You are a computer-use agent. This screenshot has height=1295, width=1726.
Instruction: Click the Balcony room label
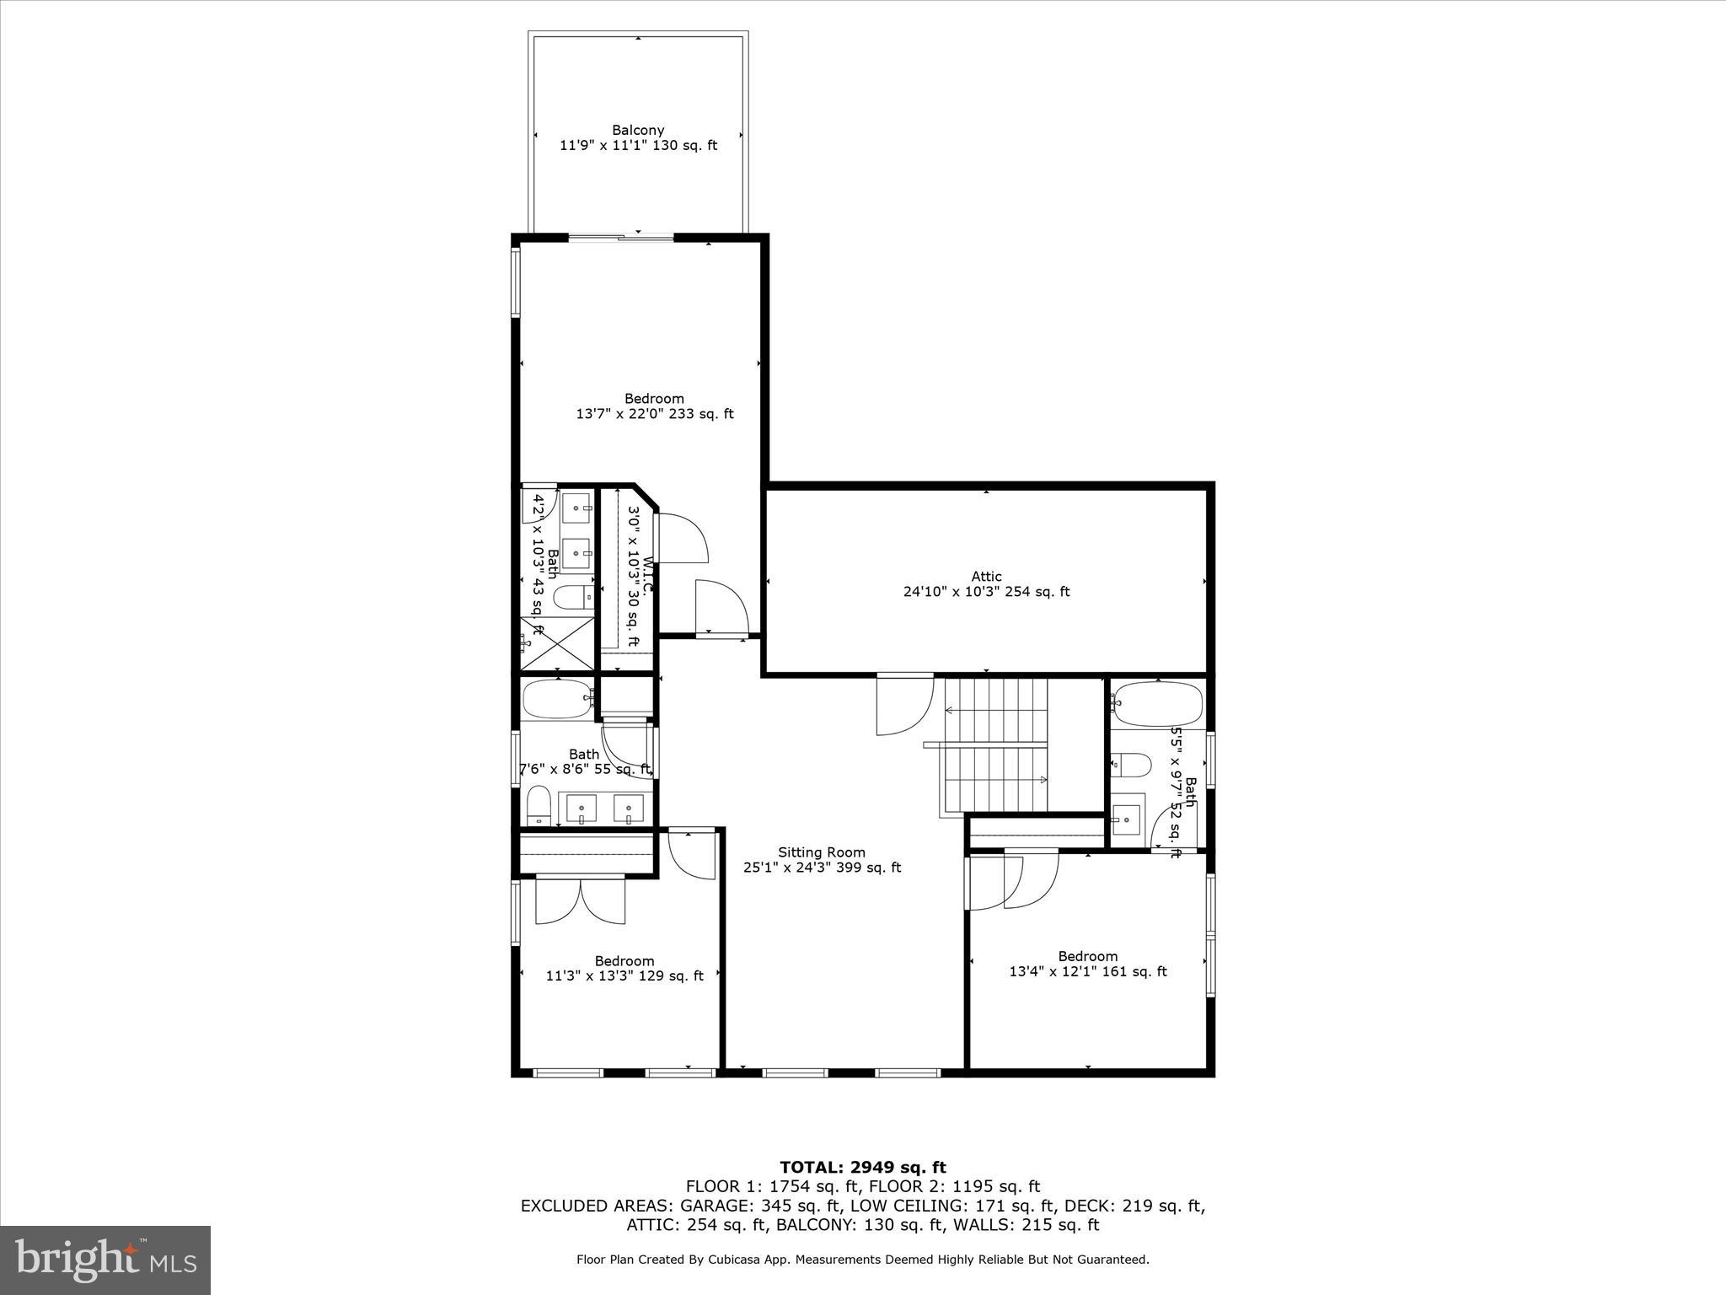(x=638, y=130)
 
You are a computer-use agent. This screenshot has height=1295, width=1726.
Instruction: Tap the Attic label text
(x=986, y=577)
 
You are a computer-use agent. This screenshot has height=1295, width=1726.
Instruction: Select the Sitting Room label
(x=822, y=852)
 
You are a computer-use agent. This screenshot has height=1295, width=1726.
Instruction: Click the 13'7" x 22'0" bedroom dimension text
(x=654, y=414)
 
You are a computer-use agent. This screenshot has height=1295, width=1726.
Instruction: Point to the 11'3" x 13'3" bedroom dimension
(x=624, y=976)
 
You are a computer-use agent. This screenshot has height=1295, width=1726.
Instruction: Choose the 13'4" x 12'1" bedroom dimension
(x=1087, y=971)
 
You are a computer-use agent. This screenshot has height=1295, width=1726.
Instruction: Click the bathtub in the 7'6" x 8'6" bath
(x=558, y=699)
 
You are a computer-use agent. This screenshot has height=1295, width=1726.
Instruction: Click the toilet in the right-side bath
(x=1131, y=766)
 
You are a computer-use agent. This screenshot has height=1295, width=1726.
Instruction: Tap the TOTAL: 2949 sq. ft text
(x=862, y=1168)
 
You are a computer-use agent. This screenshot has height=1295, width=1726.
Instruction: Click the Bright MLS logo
(x=105, y=1260)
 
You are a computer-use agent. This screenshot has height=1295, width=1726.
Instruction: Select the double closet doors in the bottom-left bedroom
(x=581, y=900)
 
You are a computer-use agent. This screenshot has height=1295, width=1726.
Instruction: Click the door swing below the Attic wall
(x=904, y=704)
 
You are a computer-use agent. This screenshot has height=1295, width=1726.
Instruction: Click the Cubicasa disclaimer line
(x=862, y=1260)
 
